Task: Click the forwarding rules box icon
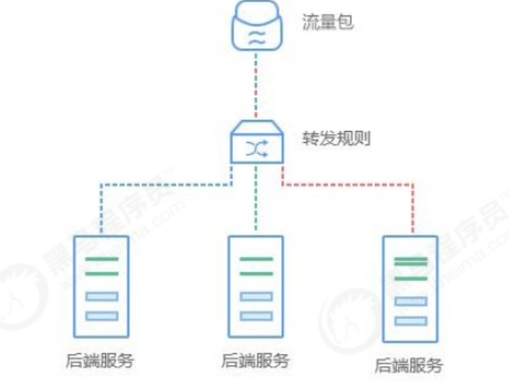tap(255, 144)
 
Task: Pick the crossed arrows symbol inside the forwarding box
tap(255, 150)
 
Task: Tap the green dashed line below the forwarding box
tap(256, 200)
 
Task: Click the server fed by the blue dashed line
tap(101, 286)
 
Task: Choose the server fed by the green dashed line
tap(256, 286)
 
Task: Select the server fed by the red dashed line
tap(410, 289)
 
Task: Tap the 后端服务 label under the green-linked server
tap(256, 361)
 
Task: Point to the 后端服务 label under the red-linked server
tap(409, 365)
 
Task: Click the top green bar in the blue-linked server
tap(101, 259)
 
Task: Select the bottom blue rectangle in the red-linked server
tap(410, 321)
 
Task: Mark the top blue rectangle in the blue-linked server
tap(101, 297)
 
